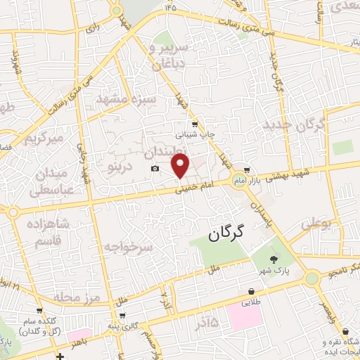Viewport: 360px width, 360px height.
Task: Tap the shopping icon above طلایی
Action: (250, 292)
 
